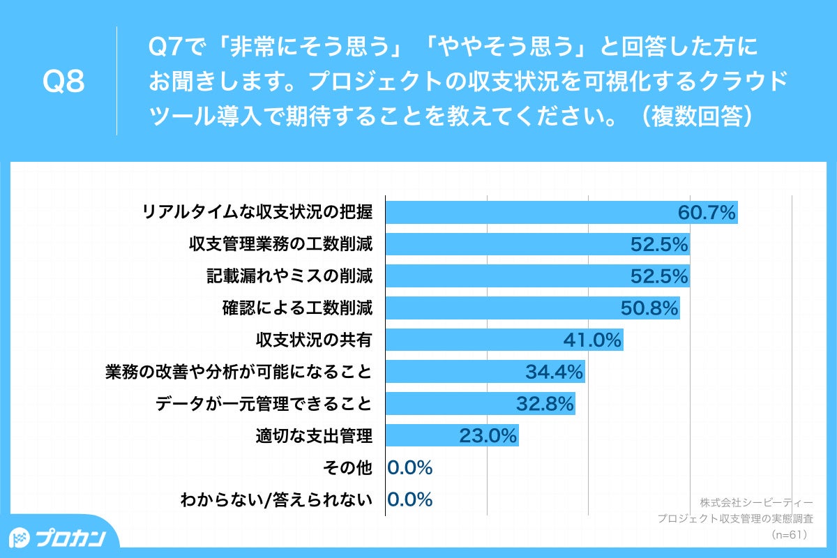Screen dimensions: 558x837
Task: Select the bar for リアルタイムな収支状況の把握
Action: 530,213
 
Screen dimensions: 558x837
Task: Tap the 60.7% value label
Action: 707,213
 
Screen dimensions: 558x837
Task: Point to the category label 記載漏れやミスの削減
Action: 289,277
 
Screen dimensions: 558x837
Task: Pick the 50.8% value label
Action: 649,308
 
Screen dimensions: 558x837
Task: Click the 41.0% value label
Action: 592,340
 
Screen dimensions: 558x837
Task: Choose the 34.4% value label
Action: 554,372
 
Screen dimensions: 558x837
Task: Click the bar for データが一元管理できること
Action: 453,404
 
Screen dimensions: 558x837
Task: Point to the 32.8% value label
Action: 545,404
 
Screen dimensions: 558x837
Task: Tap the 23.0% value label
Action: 488,437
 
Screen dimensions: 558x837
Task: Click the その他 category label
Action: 349,468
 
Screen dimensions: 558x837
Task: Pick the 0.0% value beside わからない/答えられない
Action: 410,499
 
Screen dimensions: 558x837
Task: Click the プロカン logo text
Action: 70,538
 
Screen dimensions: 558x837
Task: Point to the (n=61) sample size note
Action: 789,535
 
